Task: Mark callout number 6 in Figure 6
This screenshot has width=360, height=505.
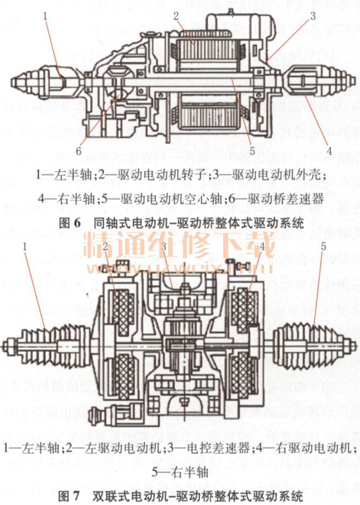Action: [x=78, y=149]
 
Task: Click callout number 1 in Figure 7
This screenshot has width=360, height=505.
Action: [x=25, y=245]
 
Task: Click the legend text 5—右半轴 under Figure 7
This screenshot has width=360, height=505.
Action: [x=179, y=471]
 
